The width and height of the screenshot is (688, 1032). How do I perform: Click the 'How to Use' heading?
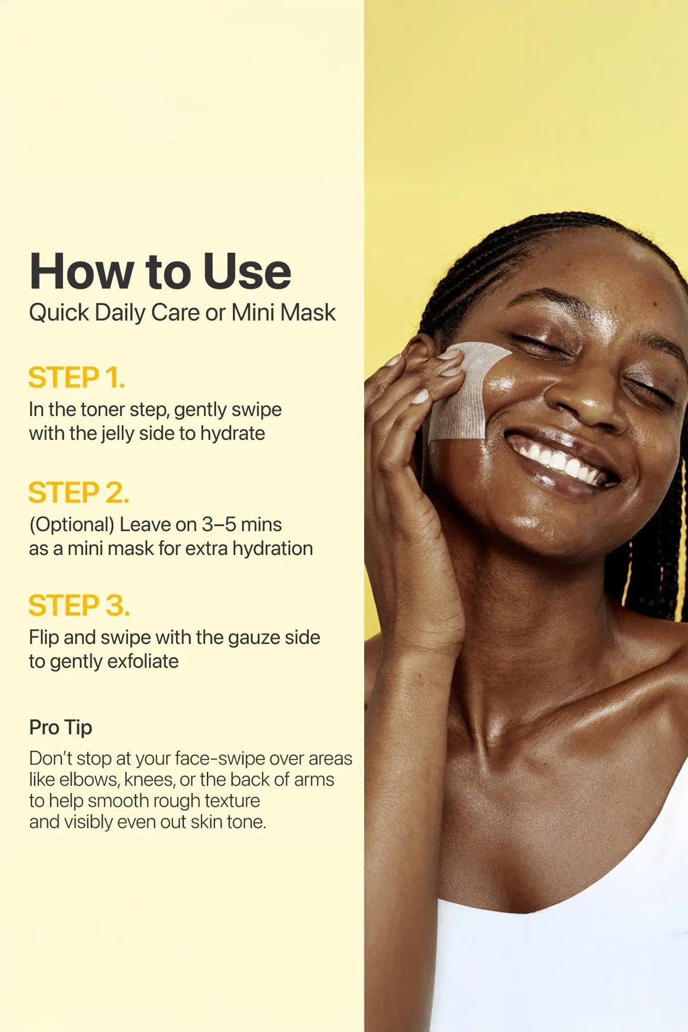[160, 271]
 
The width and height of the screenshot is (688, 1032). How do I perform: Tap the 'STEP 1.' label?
[76, 378]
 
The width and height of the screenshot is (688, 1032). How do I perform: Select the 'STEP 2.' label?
[79, 493]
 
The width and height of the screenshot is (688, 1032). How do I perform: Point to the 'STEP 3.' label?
[79, 606]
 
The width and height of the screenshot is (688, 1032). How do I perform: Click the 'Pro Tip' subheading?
[61, 728]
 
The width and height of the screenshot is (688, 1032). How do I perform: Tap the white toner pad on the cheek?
[464, 390]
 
